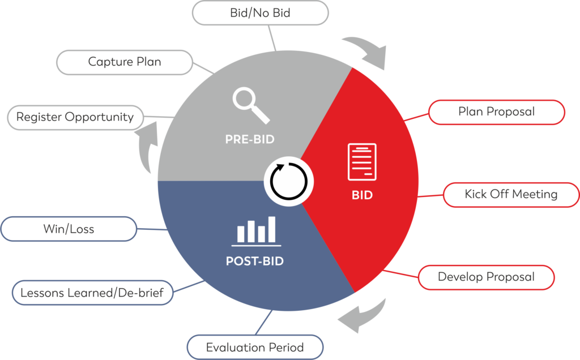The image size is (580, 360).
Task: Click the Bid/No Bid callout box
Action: pyautogui.click(x=261, y=12)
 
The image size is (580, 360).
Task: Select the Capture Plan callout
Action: pyautogui.click(x=125, y=62)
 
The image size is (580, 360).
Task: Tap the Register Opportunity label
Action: pyautogui.click(x=75, y=117)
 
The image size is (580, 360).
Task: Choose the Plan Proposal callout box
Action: pyautogui.click(x=496, y=112)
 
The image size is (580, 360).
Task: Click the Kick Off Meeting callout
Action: pyautogui.click(x=511, y=195)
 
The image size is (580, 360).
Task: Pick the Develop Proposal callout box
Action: pyautogui.click(x=486, y=277)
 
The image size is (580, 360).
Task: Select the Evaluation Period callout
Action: pyautogui.click(x=255, y=347)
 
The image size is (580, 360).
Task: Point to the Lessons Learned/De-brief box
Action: pyautogui.click(x=92, y=293)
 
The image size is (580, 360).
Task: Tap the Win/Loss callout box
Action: pyautogui.click(x=69, y=229)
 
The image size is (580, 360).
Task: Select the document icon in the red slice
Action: pyautogui.click(x=362, y=162)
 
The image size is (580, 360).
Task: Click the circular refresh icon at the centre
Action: pyautogui.click(x=289, y=182)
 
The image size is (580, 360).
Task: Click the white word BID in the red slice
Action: pyautogui.click(x=362, y=195)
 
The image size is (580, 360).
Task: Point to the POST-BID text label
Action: pyautogui.click(x=254, y=262)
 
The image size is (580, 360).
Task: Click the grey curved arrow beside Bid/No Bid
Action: pyautogui.click(x=366, y=52)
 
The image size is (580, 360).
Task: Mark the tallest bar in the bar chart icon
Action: pyautogui.click(x=272, y=229)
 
